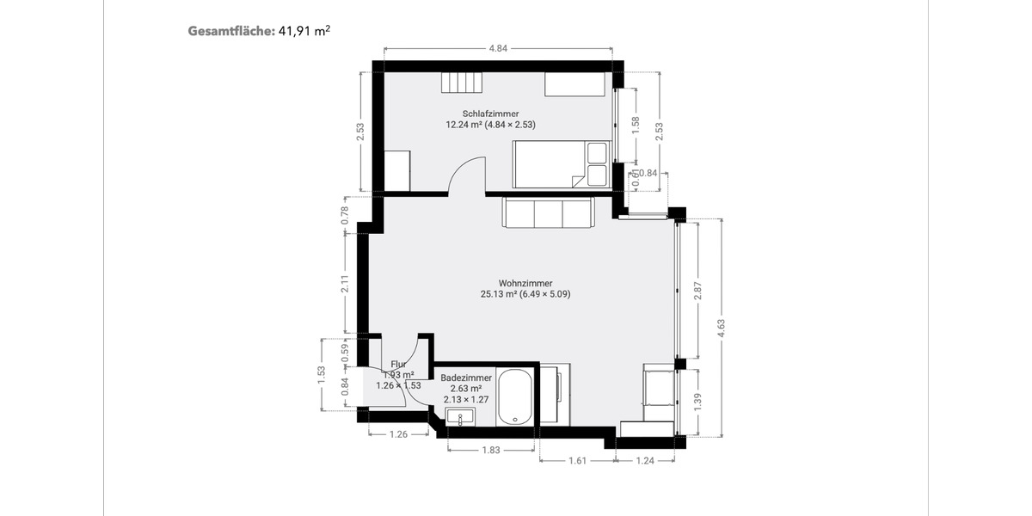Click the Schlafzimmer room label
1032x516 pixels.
pyautogui.click(x=490, y=113)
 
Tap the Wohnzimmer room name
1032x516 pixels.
pyautogui.click(x=525, y=283)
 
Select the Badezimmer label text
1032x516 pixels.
pyautogui.click(x=465, y=378)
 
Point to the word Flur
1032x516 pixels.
pyautogui.click(x=398, y=365)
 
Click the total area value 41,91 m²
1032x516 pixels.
pyautogui.click(x=304, y=31)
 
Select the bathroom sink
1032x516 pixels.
pyautogui.click(x=461, y=419)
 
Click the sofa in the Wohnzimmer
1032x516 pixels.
pyautogui.click(x=549, y=212)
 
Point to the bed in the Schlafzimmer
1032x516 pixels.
pyautogui.click(x=561, y=164)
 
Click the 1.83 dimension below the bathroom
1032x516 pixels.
pyautogui.click(x=491, y=450)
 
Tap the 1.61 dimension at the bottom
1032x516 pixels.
pyautogui.click(x=577, y=461)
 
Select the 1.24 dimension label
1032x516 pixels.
pyautogui.click(x=644, y=461)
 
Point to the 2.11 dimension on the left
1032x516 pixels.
pyautogui.click(x=344, y=283)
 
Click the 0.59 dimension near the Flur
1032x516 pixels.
pyautogui.click(x=345, y=351)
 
